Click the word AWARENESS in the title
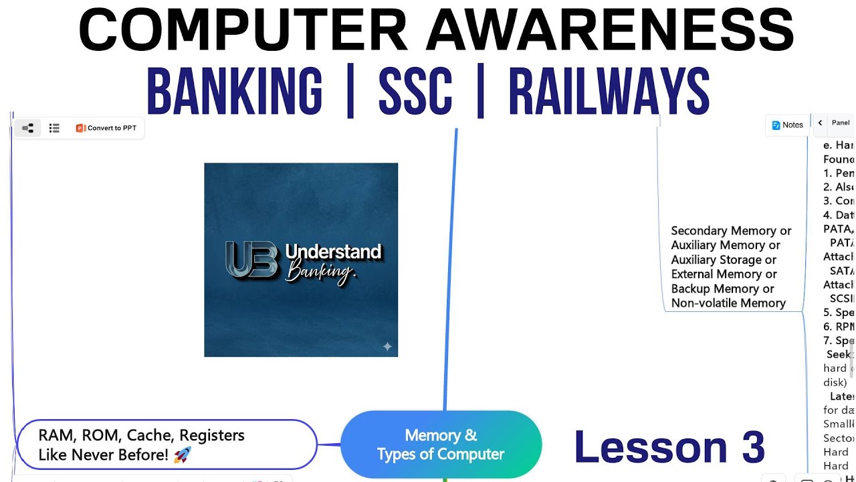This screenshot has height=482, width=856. [x=611, y=30]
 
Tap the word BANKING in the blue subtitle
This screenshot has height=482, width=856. [x=234, y=92]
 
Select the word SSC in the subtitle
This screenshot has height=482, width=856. [x=415, y=92]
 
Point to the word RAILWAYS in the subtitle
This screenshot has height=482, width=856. [x=609, y=92]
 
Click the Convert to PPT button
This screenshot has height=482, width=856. [x=106, y=128]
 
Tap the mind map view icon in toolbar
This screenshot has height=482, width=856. [x=28, y=128]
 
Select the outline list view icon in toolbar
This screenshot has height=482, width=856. [x=55, y=128]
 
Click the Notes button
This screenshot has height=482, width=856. [x=787, y=125]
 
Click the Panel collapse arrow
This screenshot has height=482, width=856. [x=820, y=123]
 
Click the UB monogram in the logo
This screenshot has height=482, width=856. [x=251, y=259]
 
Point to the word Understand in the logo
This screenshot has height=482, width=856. [x=333, y=252]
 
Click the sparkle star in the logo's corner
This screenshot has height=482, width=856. [x=387, y=346]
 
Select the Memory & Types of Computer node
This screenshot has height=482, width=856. [x=441, y=445]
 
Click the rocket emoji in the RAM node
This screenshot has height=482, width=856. [x=182, y=455]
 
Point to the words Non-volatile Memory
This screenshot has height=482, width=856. [x=728, y=303]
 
